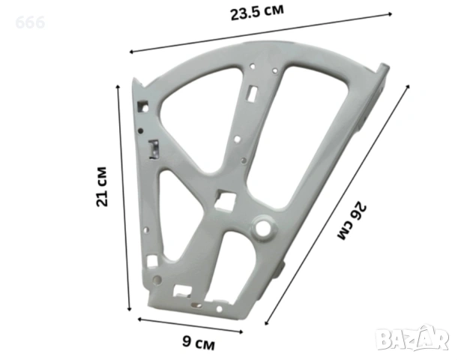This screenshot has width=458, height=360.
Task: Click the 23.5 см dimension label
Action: click(257, 12)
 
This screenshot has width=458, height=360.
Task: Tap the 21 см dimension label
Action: click(102, 187)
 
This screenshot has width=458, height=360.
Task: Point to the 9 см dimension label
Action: click(199, 342)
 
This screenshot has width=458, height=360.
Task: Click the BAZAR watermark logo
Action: click(412, 338)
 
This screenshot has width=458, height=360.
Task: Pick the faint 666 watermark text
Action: click(30, 22)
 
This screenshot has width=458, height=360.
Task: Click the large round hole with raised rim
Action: click(263, 226)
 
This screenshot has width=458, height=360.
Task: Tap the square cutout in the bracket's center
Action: click(225, 200)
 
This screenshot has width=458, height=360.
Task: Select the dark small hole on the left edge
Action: click(140, 131)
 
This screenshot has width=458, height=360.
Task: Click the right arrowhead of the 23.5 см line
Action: click(391, 14)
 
